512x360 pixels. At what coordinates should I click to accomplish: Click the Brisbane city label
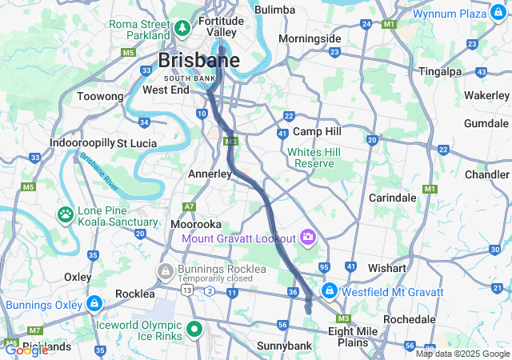[x=199, y=61]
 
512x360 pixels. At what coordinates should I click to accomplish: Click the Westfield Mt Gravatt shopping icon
[x=329, y=290]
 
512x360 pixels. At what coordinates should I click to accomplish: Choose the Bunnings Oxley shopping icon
[x=94, y=304]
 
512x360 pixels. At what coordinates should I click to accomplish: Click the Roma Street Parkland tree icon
[x=182, y=29]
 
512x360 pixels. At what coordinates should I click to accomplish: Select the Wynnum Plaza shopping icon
[x=493, y=14]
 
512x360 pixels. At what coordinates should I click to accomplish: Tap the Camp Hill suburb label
[x=317, y=131]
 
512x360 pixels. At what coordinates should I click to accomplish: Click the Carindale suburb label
[x=392, y=197]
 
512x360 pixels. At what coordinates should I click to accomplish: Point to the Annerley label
[x=210, y=174]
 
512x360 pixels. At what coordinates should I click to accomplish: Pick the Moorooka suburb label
[x=197, y=225]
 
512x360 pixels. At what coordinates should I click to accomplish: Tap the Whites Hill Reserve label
[x=314, y=158]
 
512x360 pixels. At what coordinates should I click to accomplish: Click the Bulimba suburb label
[x=274, y=10]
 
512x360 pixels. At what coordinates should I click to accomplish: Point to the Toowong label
[x=100, y=97]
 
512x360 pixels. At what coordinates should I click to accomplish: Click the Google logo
[x=26, y=350]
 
